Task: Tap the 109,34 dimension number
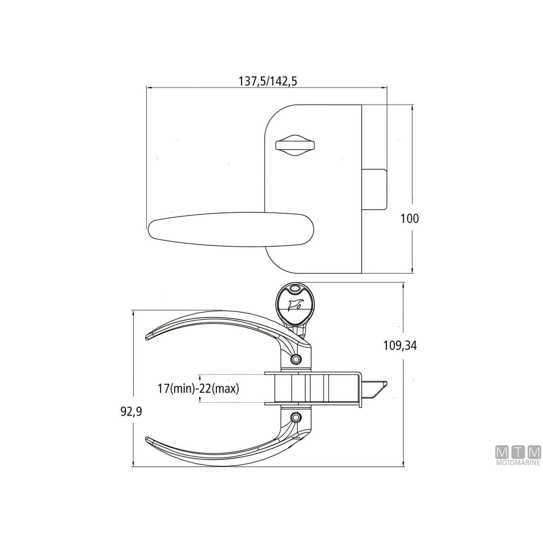(x=400, y=346)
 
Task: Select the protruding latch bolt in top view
(x=374, y=189)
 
